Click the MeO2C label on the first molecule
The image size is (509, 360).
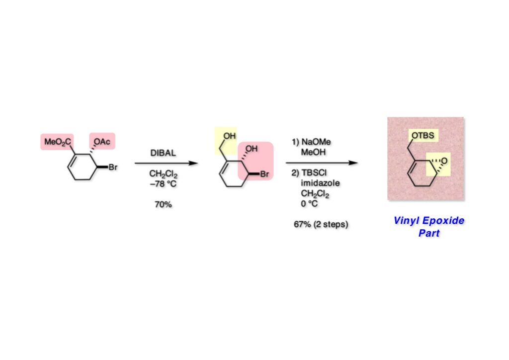tap(57, 143)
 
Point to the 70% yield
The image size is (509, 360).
tap(163, 204)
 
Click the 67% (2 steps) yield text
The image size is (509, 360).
tap(321, 224)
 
